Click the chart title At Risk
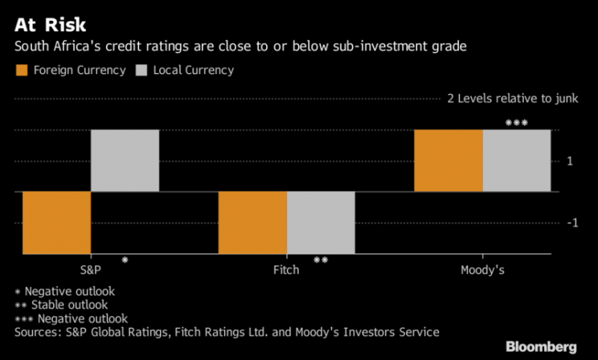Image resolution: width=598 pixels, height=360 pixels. tap(50, 23)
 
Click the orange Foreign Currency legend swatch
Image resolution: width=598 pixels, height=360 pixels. tap(22, 71)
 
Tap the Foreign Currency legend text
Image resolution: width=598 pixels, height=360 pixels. tap(79, 71)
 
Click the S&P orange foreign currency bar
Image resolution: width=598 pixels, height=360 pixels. tap(56, 223)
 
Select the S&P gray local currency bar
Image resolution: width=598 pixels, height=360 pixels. tap(125, 161)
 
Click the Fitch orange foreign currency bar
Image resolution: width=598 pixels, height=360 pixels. tap(252, 223)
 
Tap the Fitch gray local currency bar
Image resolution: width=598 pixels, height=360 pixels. tap(321, 223)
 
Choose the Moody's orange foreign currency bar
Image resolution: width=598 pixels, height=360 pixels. tap(448, 161)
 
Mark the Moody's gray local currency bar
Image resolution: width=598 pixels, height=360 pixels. tap(517, 161)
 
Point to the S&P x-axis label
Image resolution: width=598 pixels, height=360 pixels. tap(91, 270)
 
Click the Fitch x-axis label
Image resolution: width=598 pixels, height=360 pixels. tap(286, 270)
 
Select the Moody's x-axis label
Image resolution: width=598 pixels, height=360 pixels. tap(482, 270)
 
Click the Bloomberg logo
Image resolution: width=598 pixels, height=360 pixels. tap(541, 346)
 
